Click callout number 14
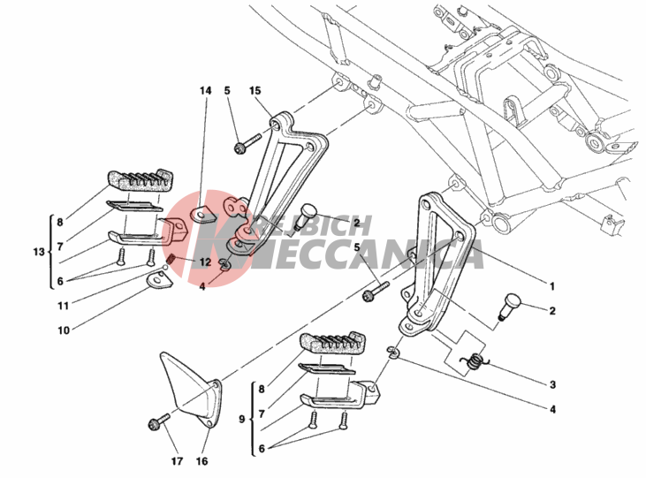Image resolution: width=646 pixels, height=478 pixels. tap(206, 90)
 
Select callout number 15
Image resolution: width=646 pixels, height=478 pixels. tap(255, 90)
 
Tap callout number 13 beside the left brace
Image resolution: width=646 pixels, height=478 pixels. tap(39, 251)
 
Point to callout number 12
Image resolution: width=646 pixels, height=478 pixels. tap(205, 262)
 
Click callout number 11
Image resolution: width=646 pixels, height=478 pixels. tap(63, 306)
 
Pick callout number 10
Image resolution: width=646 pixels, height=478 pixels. tap(64, 330)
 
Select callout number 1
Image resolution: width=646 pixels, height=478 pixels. tap(552, 286)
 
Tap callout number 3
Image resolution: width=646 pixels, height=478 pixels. tap(552, 384)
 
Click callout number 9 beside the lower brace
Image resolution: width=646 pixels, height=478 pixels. tap(241, 419)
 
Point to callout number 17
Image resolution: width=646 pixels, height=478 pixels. tap(177, 461)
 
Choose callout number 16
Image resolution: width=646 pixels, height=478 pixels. tap(201, 461)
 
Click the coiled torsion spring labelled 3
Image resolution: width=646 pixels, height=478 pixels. tap(475, 361)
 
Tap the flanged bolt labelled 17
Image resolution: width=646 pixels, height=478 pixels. tap(158, 422)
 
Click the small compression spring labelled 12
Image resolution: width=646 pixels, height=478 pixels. tap(171, 260)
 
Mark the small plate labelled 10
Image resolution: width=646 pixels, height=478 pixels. tap(159, 281)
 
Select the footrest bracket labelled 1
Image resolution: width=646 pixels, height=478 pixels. tap(437, 263)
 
